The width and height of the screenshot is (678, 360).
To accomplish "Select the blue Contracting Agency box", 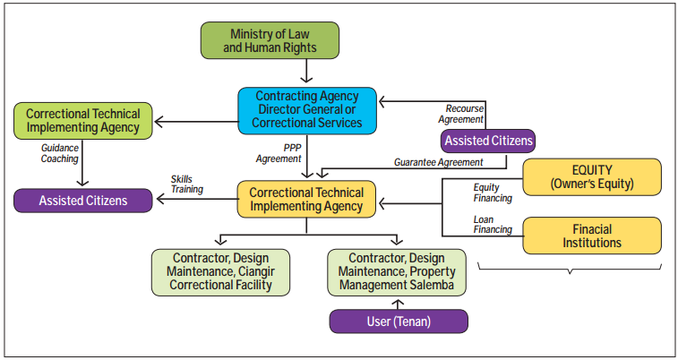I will (306, 108).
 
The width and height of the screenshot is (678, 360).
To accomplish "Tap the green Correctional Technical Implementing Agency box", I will (83, 121).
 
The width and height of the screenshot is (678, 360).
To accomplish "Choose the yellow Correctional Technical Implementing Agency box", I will (306, 199).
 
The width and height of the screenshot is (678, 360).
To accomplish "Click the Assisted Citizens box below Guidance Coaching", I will (83, 201).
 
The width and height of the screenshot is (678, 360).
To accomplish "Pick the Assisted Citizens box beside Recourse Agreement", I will (488, 140).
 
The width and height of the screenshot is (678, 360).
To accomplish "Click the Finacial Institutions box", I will (591, 235).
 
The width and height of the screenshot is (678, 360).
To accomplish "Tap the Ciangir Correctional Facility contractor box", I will (220, 272).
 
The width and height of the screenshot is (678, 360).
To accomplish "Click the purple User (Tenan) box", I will (399, 321).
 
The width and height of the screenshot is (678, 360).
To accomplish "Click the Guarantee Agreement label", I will (438, 162).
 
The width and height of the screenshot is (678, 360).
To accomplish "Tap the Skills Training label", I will (185, 185).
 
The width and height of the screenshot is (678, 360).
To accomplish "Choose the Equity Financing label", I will (491, 193).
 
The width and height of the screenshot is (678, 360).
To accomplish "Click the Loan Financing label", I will (491, 224).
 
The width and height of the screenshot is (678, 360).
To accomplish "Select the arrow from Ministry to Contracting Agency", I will (306, 71).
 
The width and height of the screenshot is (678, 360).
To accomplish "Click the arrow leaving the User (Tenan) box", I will (397, 303).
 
